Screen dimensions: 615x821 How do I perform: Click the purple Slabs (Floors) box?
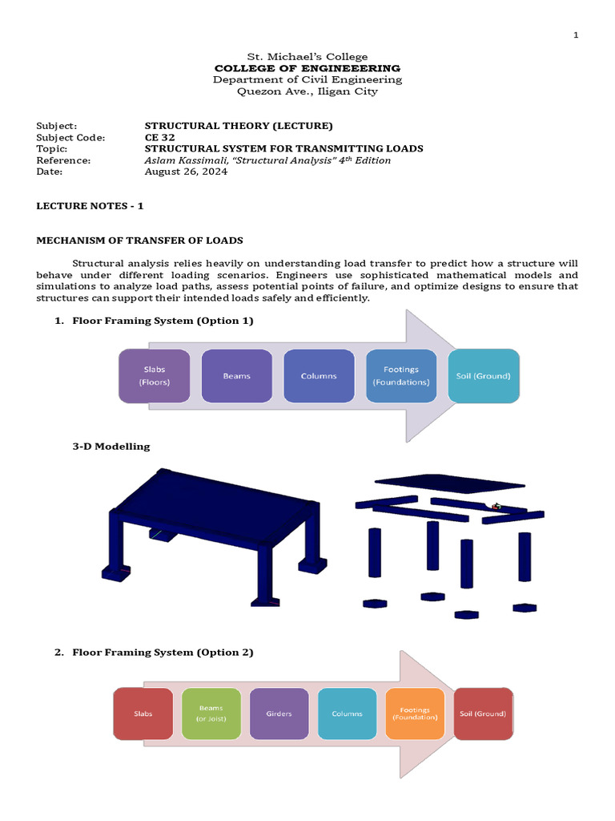[x=155, y=376]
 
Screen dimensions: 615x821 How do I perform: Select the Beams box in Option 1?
[x=237, y=375]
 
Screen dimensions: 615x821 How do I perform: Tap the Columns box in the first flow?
[x=319, y=375]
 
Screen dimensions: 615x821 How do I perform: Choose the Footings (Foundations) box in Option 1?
[x=401, y=375]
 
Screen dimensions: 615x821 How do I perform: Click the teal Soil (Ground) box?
[x=483, y=375]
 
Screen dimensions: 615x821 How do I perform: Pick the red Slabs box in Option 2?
[x=143, y=714]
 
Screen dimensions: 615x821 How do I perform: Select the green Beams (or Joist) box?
[x=211, y=714]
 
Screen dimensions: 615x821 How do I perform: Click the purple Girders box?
[x=279, y=714]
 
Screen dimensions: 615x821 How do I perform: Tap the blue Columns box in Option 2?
[x=347, y=714]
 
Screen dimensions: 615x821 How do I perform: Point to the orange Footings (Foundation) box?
[x=415, y=714]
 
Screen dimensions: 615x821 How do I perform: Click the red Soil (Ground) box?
[x=483, y=714]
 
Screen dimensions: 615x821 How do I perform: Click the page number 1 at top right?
[x=575, y=35]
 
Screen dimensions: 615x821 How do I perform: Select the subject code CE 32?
[x=159, y=137]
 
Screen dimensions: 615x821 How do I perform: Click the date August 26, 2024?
[x=186, y=172]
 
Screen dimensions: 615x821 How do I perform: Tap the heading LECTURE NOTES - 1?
[x=90, y=206]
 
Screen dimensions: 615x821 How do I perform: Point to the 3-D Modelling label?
[x=111, y=447]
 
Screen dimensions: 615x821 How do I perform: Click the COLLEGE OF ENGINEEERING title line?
[x=307, y=68]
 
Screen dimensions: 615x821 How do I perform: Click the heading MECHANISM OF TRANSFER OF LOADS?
[x=139, y=241]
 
